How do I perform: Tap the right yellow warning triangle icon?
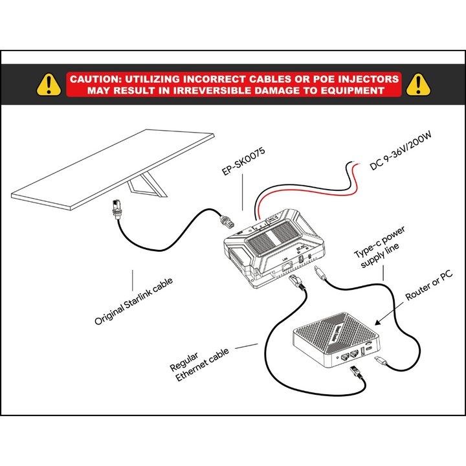pos(419,84)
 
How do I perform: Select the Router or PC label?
pos(428,287)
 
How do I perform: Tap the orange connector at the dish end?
pos(115,208)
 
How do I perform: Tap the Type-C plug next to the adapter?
pos(322,275)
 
